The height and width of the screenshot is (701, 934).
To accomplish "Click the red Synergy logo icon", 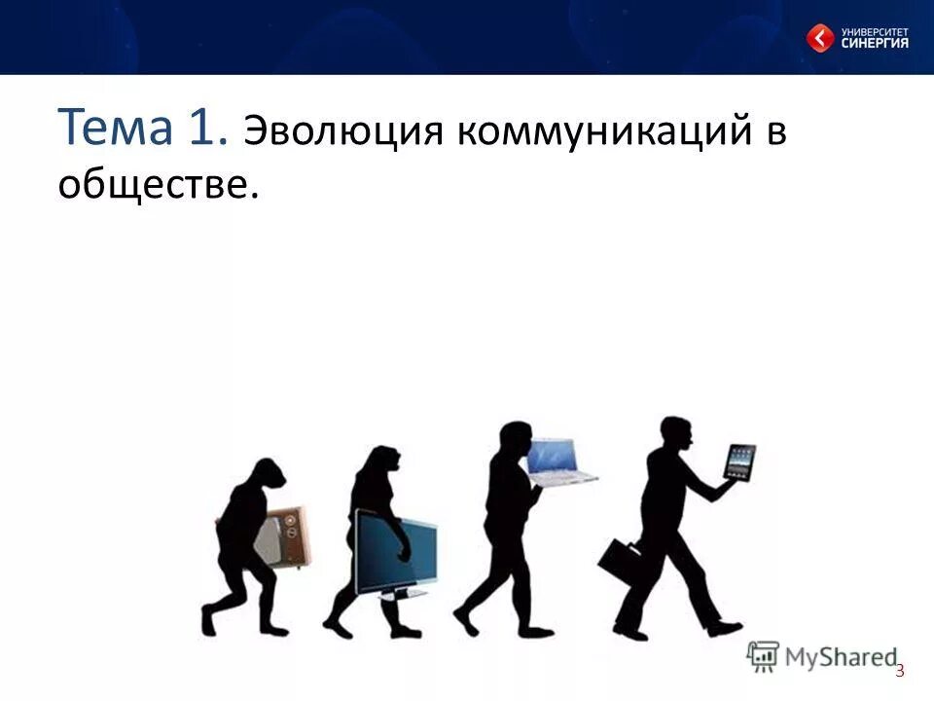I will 819,39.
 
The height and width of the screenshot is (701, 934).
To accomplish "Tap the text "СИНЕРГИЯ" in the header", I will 875,44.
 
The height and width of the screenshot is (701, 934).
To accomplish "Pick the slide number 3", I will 900,670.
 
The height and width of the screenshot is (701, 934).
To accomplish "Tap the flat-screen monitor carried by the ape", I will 394,552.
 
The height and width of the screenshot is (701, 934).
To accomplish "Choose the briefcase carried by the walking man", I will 620,563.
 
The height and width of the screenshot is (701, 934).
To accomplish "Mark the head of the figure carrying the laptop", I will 512,440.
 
